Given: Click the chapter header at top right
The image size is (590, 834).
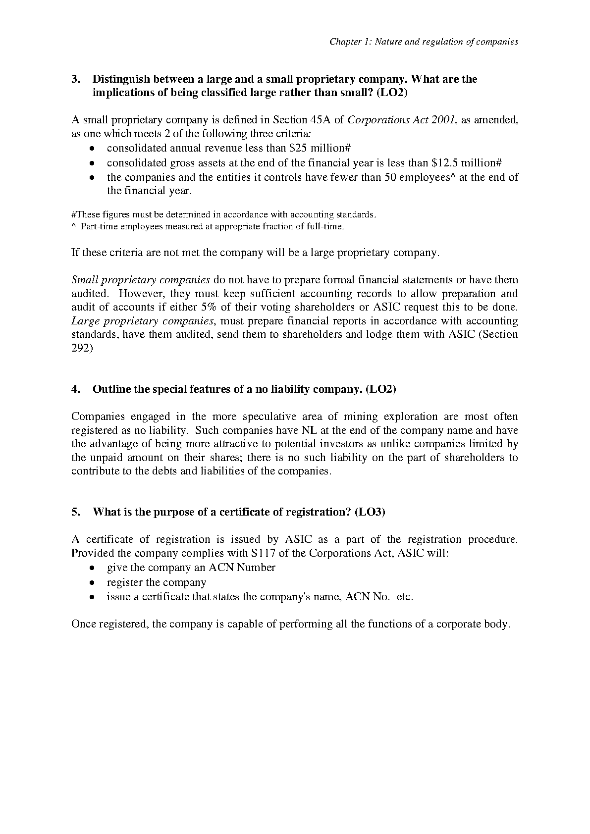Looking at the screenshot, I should click(424, 42).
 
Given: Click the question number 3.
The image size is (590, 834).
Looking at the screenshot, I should click(76, 79).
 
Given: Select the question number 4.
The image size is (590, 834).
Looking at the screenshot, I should click(76, 389).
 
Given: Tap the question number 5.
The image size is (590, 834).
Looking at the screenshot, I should click(76, 512).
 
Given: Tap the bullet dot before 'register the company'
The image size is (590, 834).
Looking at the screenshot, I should click(92, 583).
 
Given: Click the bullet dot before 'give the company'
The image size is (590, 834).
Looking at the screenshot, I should click(92, 568).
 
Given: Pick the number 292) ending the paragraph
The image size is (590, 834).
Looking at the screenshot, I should click(82, 348).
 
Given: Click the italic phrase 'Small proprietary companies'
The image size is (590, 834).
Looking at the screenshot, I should click(141, 280).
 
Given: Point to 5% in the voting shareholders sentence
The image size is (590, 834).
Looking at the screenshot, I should click(211, 307).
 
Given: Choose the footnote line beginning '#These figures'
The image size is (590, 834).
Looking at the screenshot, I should click(224, 215).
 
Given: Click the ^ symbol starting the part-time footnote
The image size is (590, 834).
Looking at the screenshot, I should click(74, 227).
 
